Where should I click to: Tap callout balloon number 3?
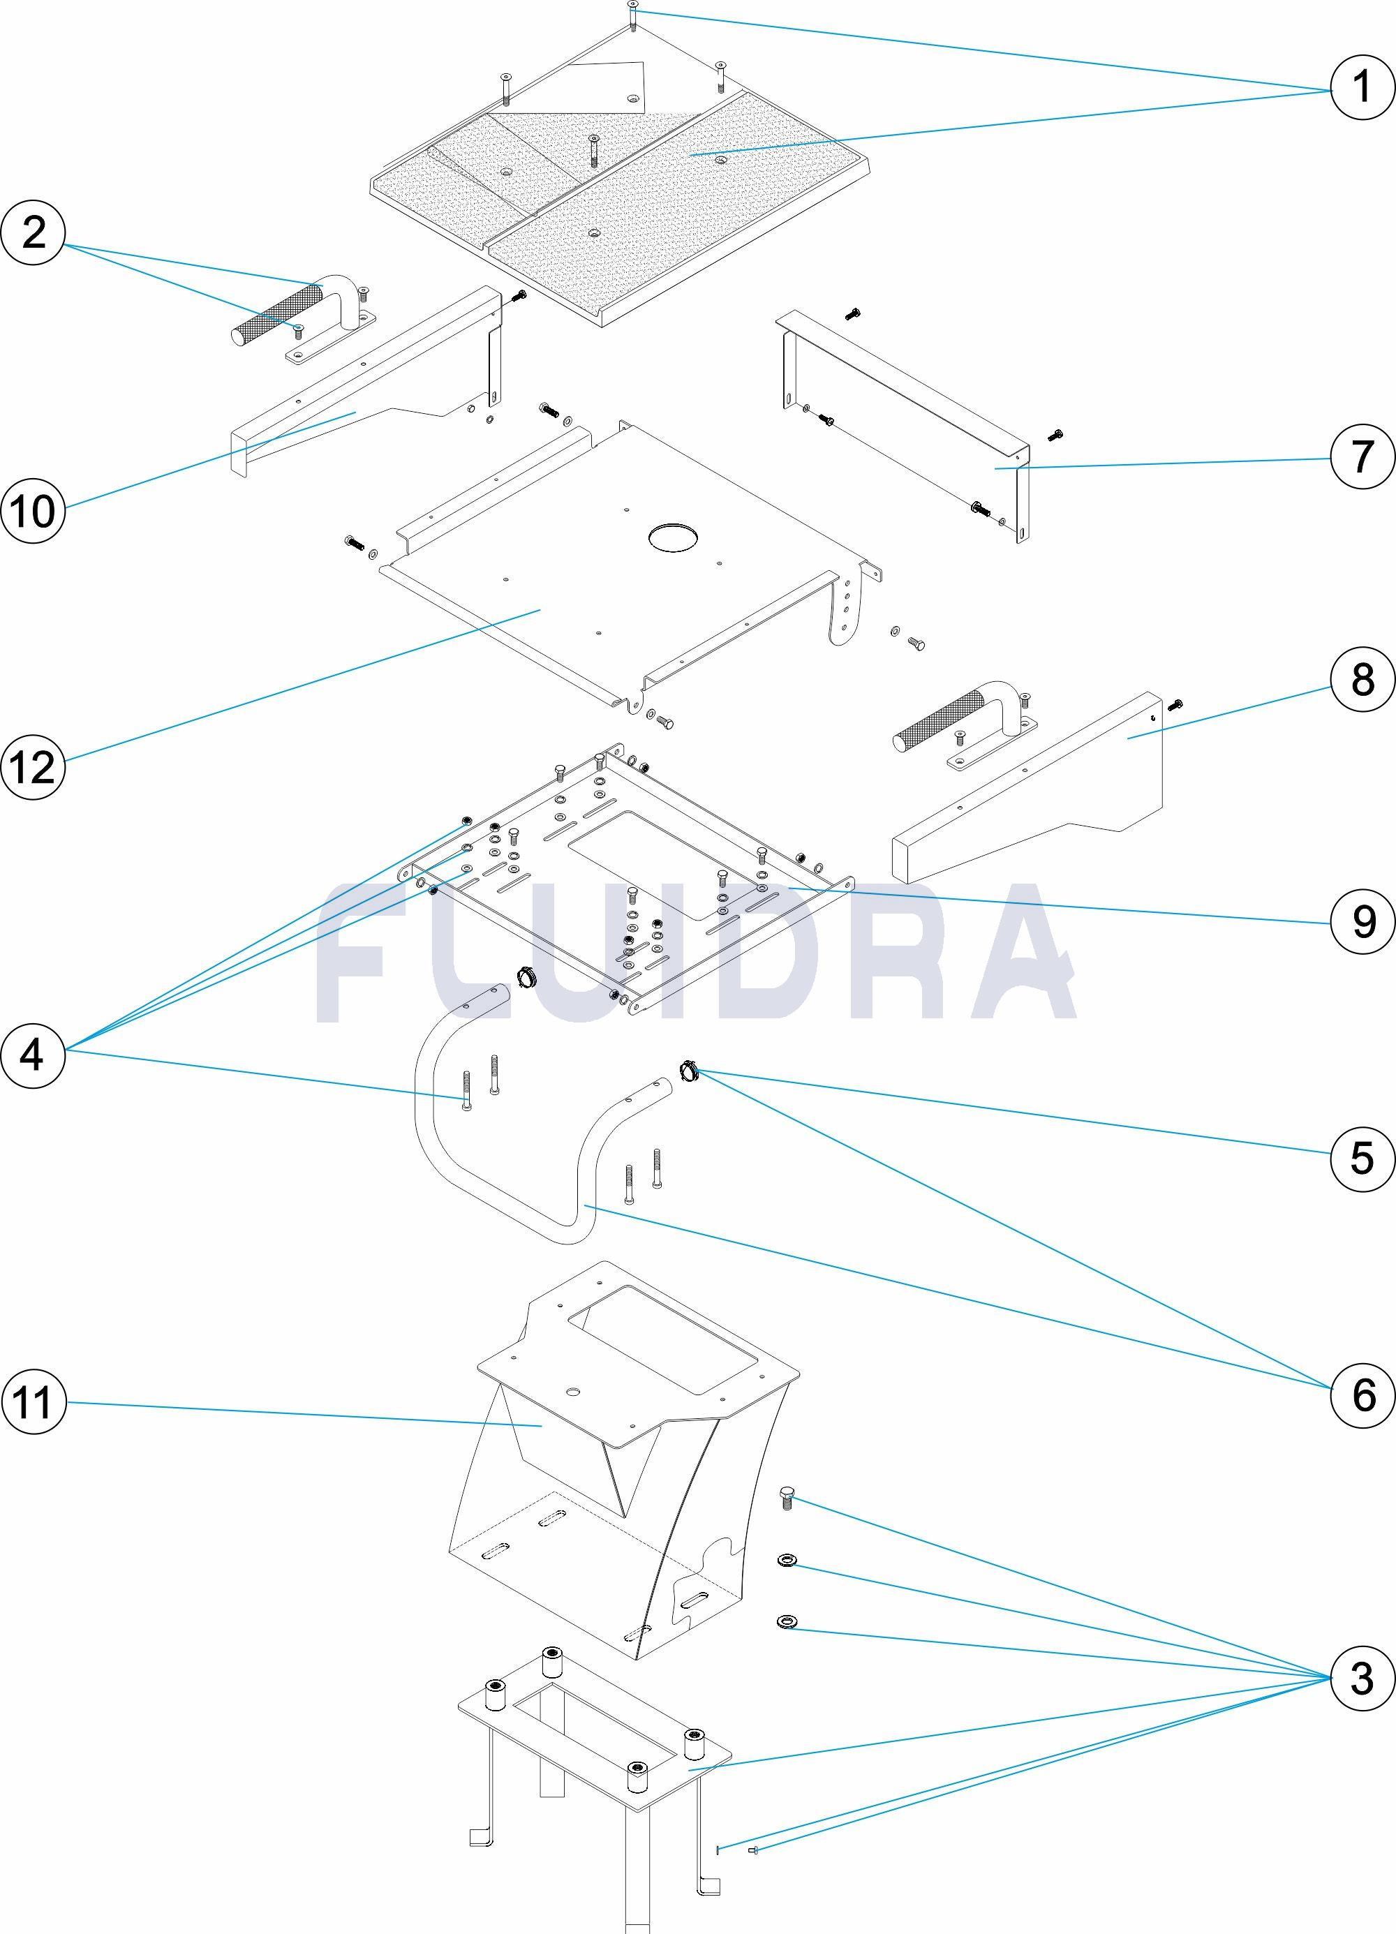click(1362, 1678)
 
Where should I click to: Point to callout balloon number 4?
click(34, 1056)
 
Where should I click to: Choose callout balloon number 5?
click(1362, 1157)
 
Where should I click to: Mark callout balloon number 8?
click(1362, 680)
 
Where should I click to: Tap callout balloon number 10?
click(34, 511)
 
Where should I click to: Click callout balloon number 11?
click(34, 1402)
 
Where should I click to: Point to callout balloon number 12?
click(34, 766)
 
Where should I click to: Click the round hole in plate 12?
click(674, 537)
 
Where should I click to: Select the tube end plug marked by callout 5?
click(688, 1069)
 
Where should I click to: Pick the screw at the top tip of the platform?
click(632, 14)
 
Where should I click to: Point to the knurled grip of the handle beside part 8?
click(938, 724)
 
